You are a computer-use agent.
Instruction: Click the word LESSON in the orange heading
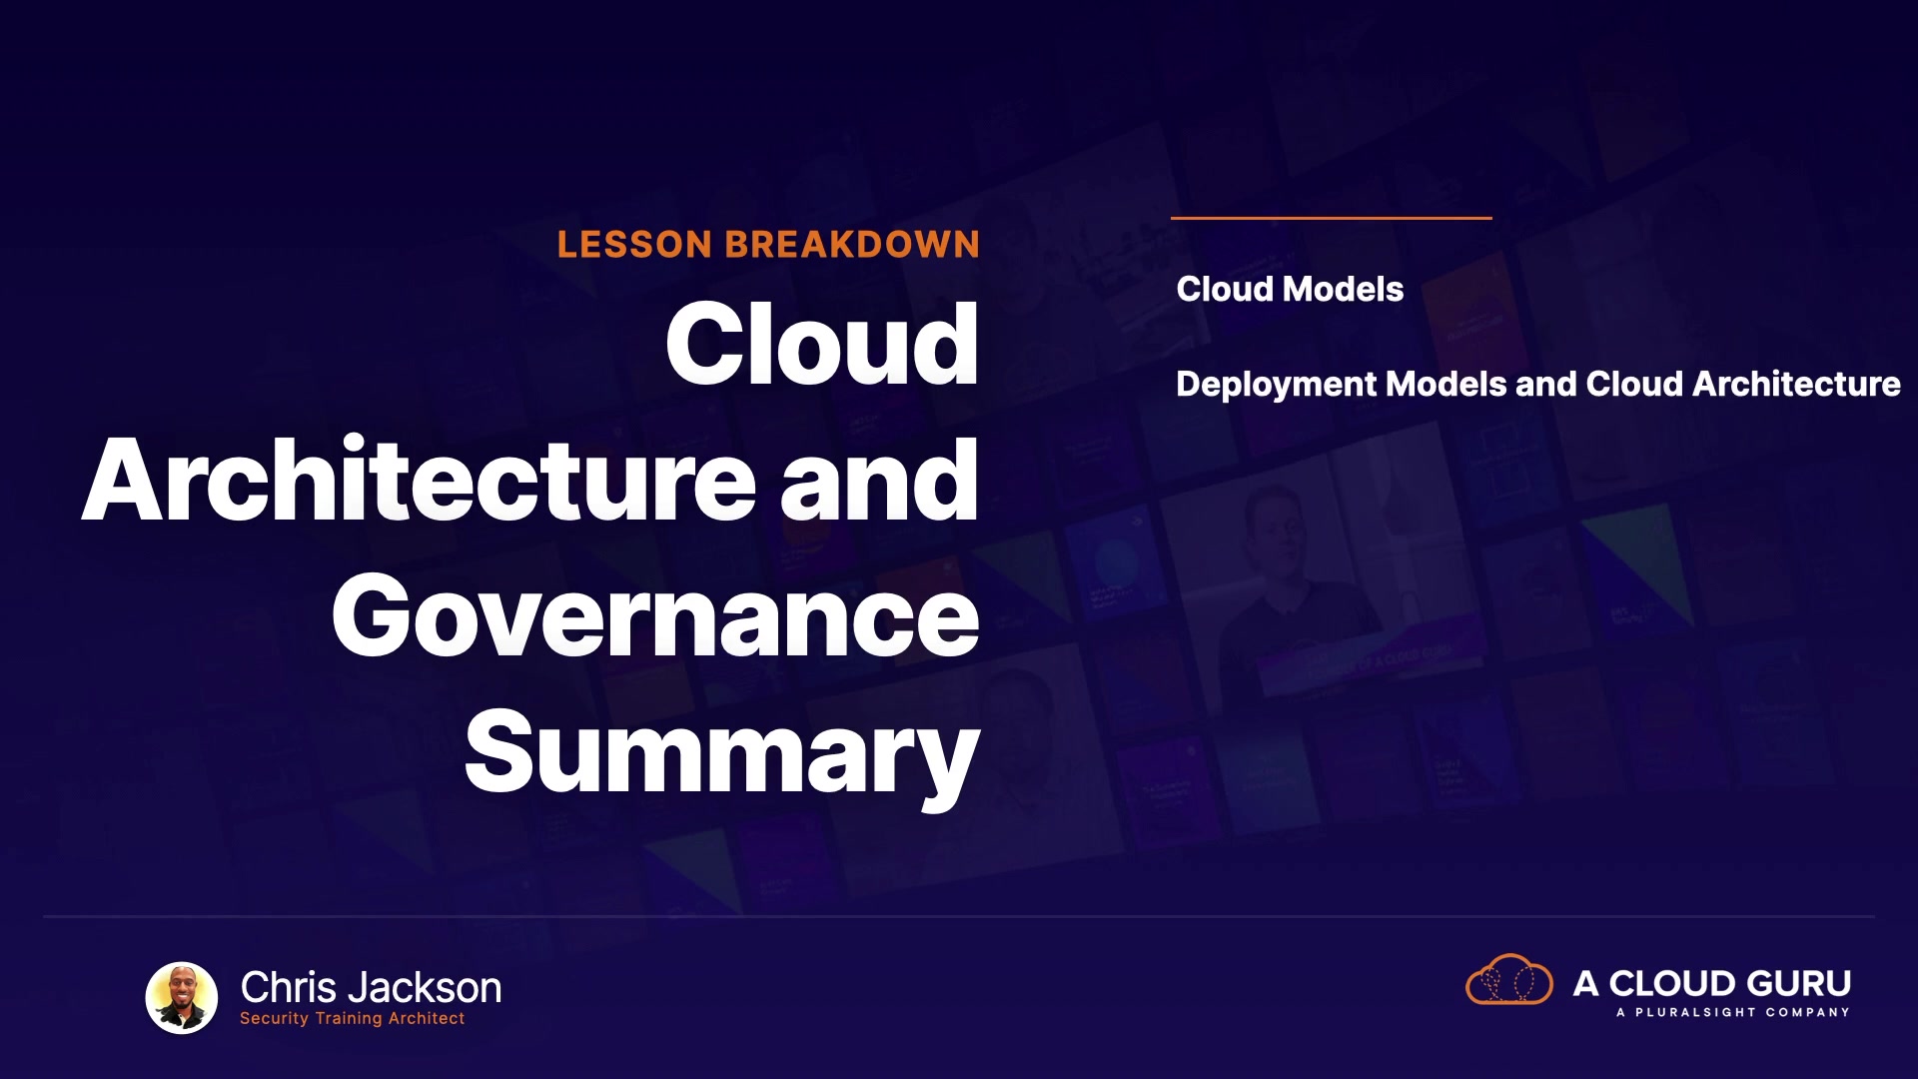point(634,245)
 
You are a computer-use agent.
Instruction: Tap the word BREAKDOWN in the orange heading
point(852,245)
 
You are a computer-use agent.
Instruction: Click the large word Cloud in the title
point(822,344)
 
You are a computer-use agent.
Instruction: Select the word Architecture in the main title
point(420,481)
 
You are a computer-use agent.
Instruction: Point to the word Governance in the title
point(655,616)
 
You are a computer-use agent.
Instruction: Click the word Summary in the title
point(722,754)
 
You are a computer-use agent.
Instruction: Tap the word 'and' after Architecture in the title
point(879,481)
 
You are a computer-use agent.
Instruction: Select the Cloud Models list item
point(1290,289)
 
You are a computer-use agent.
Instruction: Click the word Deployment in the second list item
point(1277,385)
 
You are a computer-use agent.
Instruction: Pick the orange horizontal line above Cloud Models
point(1331,217)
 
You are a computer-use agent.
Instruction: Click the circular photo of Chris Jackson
point(182,997)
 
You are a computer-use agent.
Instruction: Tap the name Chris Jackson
point(371,987)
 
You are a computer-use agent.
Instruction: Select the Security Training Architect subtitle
point(352,1018)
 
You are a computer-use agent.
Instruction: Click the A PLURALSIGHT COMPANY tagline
point(1732,1012)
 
